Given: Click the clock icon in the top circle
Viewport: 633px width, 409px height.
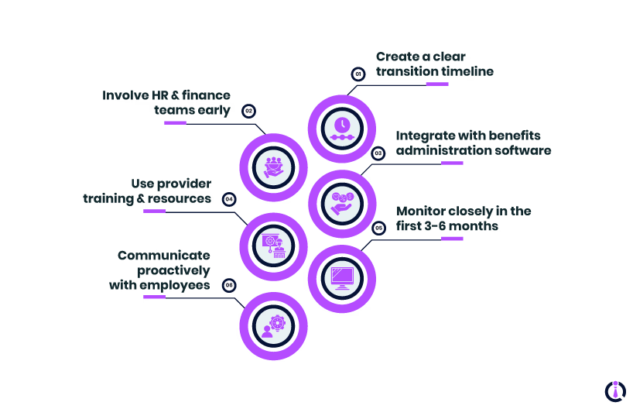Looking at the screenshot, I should [342, 126].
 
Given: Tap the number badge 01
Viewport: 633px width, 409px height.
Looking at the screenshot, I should [358, 74].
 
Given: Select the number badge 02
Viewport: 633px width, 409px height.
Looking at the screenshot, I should [248, 111].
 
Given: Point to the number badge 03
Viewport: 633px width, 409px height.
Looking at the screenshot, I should [378, 153].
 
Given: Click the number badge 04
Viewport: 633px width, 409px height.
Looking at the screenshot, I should [229, 199].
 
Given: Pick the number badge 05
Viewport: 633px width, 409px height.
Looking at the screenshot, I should [378, 228].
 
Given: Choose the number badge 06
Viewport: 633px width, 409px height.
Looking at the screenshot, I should [229, 285].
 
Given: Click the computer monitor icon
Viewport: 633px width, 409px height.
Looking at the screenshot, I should [342, 277].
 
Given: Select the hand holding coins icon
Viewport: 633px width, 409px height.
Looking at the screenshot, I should [342, 202].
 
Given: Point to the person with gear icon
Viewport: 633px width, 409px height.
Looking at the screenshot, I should [273, 326].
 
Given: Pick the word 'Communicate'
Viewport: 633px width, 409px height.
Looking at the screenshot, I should [164, 255].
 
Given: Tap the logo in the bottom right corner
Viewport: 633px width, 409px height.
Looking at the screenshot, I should [615, 390].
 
